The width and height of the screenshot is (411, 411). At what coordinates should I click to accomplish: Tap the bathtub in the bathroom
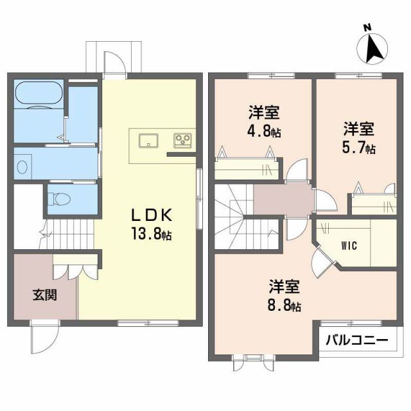(39, 96)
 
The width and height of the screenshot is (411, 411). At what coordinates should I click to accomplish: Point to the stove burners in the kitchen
(182, 139)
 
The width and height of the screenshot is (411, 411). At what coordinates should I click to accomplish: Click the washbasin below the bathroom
(23, 166)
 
